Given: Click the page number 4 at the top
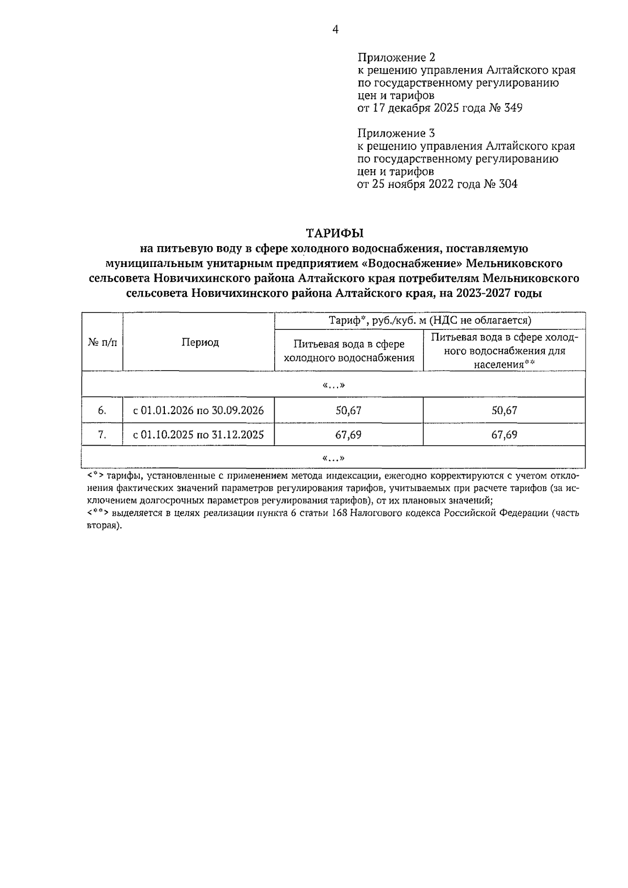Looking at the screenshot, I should [x=335, y=30].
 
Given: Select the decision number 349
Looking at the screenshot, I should [x=512, y=108].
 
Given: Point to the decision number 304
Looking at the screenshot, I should [x=508, y=184].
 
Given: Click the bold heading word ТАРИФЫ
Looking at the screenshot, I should [x=334, y=232].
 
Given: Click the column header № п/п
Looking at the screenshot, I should [x=102, y=342].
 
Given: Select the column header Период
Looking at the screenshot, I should [x=200, y=342].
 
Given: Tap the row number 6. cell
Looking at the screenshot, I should [x=102, y=410].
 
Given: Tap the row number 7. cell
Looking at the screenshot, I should [x=102, y=435].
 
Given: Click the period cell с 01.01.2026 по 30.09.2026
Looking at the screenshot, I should [x=198, y=410].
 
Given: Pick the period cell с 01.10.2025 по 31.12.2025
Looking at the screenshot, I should [x=198, y=435].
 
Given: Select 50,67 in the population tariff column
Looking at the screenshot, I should [x=504, y=410].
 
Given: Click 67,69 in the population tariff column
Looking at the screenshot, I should [x=504, y=435].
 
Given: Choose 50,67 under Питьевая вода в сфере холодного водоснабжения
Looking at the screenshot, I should [x=349, y=410].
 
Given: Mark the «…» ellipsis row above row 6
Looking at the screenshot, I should [x=334, y=385].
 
